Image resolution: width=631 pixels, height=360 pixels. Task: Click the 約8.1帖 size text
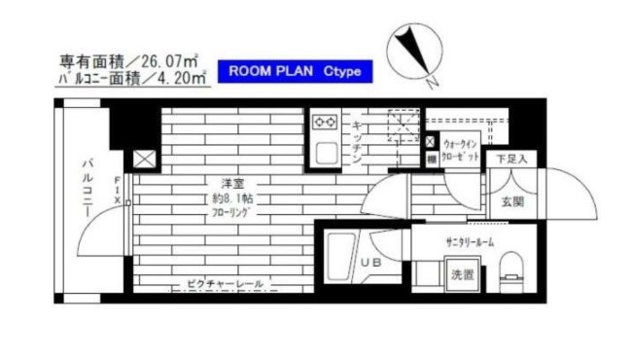click(230, 198)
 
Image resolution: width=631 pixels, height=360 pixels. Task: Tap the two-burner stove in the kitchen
click(325, 122)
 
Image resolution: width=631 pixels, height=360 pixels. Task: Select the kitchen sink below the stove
click(324, 152)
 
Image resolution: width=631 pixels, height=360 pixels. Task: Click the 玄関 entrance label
click(512, 202)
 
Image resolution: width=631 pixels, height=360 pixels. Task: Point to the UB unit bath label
click(371, 263)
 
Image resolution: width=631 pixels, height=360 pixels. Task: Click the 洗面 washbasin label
click(462, 274)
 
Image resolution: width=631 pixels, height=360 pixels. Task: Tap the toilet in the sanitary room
click(509, 267)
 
